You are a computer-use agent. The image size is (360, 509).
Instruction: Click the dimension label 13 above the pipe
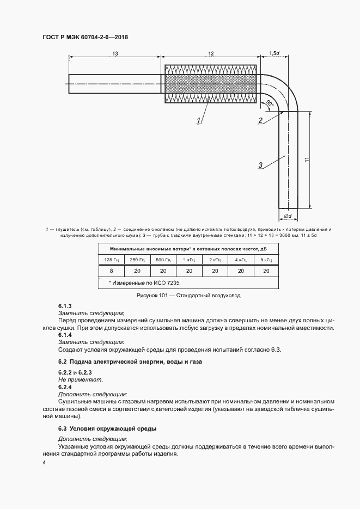[x=115, y=53]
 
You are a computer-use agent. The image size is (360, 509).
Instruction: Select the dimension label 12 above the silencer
[x=211, y=53]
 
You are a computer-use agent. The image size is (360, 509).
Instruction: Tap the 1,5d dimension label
[x=274, y=53]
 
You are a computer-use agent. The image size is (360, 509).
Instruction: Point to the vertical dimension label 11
[x=307, y=159]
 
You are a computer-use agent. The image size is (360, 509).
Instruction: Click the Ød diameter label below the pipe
[x=288, y=217]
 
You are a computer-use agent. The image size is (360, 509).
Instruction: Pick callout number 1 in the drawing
[x=199, y=120]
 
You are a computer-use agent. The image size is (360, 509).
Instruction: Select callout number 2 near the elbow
[x=261, y=120]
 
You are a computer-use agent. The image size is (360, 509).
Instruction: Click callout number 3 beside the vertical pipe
[x=261, y=165]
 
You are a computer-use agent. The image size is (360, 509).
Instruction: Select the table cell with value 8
[x=111, y=271]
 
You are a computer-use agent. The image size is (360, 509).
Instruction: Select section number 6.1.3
[x=65, y=306]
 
